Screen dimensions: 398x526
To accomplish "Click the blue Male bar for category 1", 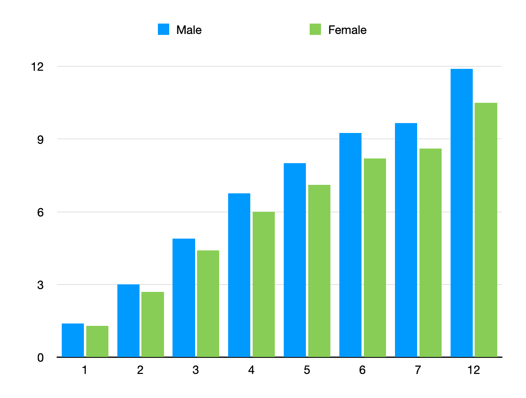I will tap(73, 340).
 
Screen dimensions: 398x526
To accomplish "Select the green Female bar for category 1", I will tap(97, 341).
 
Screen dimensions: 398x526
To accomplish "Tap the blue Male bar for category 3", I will tap(184, 298).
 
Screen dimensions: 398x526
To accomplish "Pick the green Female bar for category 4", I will tap(263, 284).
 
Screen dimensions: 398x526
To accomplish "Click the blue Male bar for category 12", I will tap(461, 213).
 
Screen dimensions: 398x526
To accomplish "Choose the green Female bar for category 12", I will tap(486, 230).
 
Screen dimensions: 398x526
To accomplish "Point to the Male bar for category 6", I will tap(350, 245).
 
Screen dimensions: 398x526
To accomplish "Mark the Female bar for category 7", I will tap(430, 253).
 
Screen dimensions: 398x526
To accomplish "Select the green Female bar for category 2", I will tap(153, 324).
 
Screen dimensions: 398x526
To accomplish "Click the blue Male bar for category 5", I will tap(295, 260).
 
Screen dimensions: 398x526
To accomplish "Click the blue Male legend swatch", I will tap(164, 30).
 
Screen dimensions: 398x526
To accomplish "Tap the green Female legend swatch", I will tap(315, 30).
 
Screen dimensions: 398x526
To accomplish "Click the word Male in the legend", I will tap(189, 30).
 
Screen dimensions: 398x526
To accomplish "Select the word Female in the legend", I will tap(347, 30).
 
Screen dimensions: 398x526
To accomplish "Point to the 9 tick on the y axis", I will tap(40, 140).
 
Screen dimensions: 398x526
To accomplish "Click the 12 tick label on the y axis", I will tap(37, 67).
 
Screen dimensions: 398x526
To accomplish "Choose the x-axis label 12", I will tap(474, 371).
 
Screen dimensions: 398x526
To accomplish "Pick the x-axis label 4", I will tap(251, 371).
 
